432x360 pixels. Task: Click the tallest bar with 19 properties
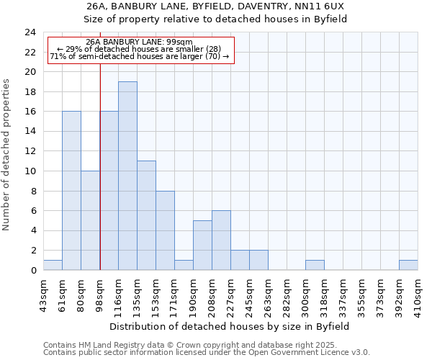click(x=127, y=176)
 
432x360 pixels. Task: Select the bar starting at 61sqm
click(x=71, y=191)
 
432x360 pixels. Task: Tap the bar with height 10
click(x=90, y=220)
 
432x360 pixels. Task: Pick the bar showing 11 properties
click(x=146, y=215)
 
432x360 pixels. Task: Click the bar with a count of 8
click(x=165, y=230)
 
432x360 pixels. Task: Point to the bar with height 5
click(x=202, y=246)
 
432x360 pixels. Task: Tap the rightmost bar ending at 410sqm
click(x=408, y=265)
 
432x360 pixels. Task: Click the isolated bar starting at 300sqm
click(x=315, y=265)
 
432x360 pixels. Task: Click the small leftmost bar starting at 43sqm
click(x=53, y=265)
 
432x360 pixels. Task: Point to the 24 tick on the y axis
click(x=30, y=32)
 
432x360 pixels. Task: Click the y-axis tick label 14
click(x=30, y=132)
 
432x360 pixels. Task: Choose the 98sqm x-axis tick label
click(x=100, y=292)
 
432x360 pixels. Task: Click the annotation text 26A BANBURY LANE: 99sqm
click(x=139, y=42)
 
